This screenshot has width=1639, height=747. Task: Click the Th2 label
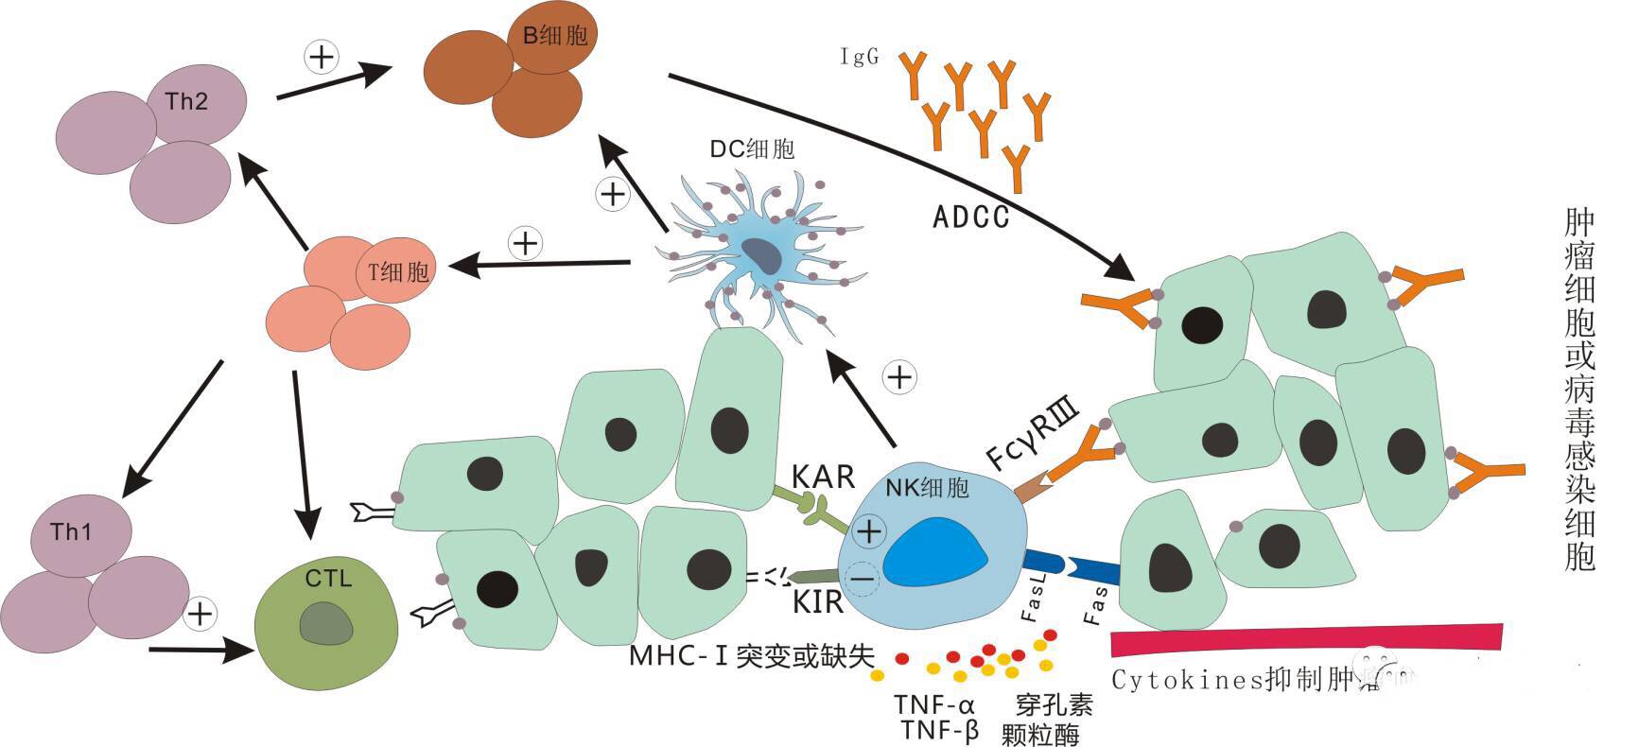[186, 101]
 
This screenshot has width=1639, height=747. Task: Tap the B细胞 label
[555, 36]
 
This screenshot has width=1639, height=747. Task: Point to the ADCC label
[971, 217]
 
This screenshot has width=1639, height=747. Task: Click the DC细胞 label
[752, 148]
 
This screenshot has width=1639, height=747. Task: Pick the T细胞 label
[398, 272]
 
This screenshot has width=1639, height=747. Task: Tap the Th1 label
[72, 532]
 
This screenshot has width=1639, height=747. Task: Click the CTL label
[328, 578]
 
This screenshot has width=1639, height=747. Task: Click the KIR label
[817, 600]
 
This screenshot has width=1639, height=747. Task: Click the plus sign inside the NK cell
[868, 532]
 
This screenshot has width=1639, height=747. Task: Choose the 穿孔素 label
[1055, 704]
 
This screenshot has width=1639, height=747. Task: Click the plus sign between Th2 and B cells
[322, 57]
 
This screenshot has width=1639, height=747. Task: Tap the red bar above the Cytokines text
[1305, 640]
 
